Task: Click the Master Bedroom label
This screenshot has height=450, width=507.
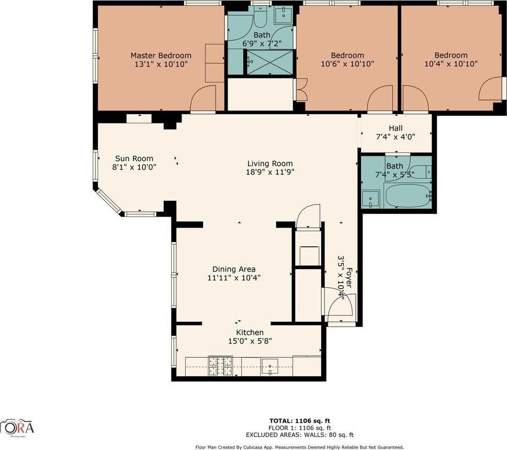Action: point(161,55)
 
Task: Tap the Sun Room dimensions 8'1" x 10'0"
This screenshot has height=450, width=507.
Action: point(134,167)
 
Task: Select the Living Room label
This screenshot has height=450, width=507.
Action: point(269,163)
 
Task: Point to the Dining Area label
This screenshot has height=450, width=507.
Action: point(234,269)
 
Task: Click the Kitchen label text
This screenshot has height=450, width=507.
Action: point(250,333)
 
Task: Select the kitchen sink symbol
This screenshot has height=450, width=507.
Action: point(271,364)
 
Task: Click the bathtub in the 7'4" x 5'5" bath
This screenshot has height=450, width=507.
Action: point(408,196)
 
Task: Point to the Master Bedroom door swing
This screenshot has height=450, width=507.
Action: point(202,99)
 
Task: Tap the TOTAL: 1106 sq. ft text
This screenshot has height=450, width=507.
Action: point(300,421)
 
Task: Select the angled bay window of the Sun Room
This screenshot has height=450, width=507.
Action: point(108,202)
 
